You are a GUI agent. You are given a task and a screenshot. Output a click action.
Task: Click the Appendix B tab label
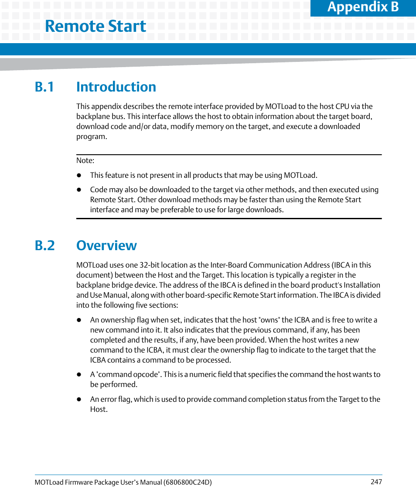(x=363, y=7)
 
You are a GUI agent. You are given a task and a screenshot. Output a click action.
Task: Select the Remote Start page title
(x=95, y=26)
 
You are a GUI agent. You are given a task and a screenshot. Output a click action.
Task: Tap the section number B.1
(x=44, y=87)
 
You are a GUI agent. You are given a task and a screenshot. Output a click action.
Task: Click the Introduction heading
(x=116, y=87)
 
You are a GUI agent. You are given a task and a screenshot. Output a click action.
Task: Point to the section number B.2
(x=44, y=245)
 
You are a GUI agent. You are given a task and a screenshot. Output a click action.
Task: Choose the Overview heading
(x=106, y=245)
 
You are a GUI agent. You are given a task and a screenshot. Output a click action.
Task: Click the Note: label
(x=85, y=160)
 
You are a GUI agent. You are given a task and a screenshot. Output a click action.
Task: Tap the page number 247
(x=376, y=482)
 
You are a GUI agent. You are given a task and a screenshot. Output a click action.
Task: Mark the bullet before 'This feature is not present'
(x=79, y=176)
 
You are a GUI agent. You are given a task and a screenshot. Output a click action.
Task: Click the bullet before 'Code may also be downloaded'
(x=79, y=190)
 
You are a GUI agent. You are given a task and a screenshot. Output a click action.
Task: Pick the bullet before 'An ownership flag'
(x=79, y=320)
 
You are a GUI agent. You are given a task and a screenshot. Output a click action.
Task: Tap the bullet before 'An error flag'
(x=79, y=400)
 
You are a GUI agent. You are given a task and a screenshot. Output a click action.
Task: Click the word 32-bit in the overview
(x=150, y=265)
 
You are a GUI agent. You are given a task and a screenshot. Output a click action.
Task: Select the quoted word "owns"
(x=269, y=320)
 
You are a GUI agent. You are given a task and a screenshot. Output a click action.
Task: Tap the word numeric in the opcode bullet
(x=202, y=374)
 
